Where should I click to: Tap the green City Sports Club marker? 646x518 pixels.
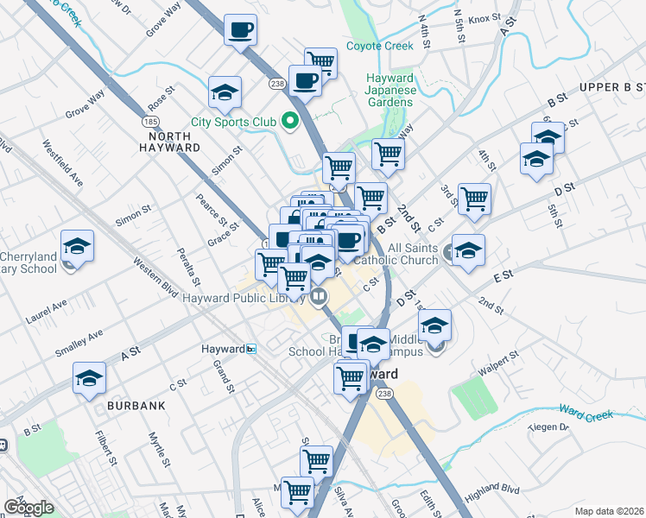(290, 121)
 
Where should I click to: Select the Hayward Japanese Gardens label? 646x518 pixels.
(390, 89)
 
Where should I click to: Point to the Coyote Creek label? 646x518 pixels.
(380, 46)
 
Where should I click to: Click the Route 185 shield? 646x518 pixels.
(149, 122)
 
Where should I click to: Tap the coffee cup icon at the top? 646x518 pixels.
(240, 30)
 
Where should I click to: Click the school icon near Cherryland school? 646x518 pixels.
(78, 247)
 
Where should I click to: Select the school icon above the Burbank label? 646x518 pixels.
(90, 379)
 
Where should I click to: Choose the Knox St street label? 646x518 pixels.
(484, 17)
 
